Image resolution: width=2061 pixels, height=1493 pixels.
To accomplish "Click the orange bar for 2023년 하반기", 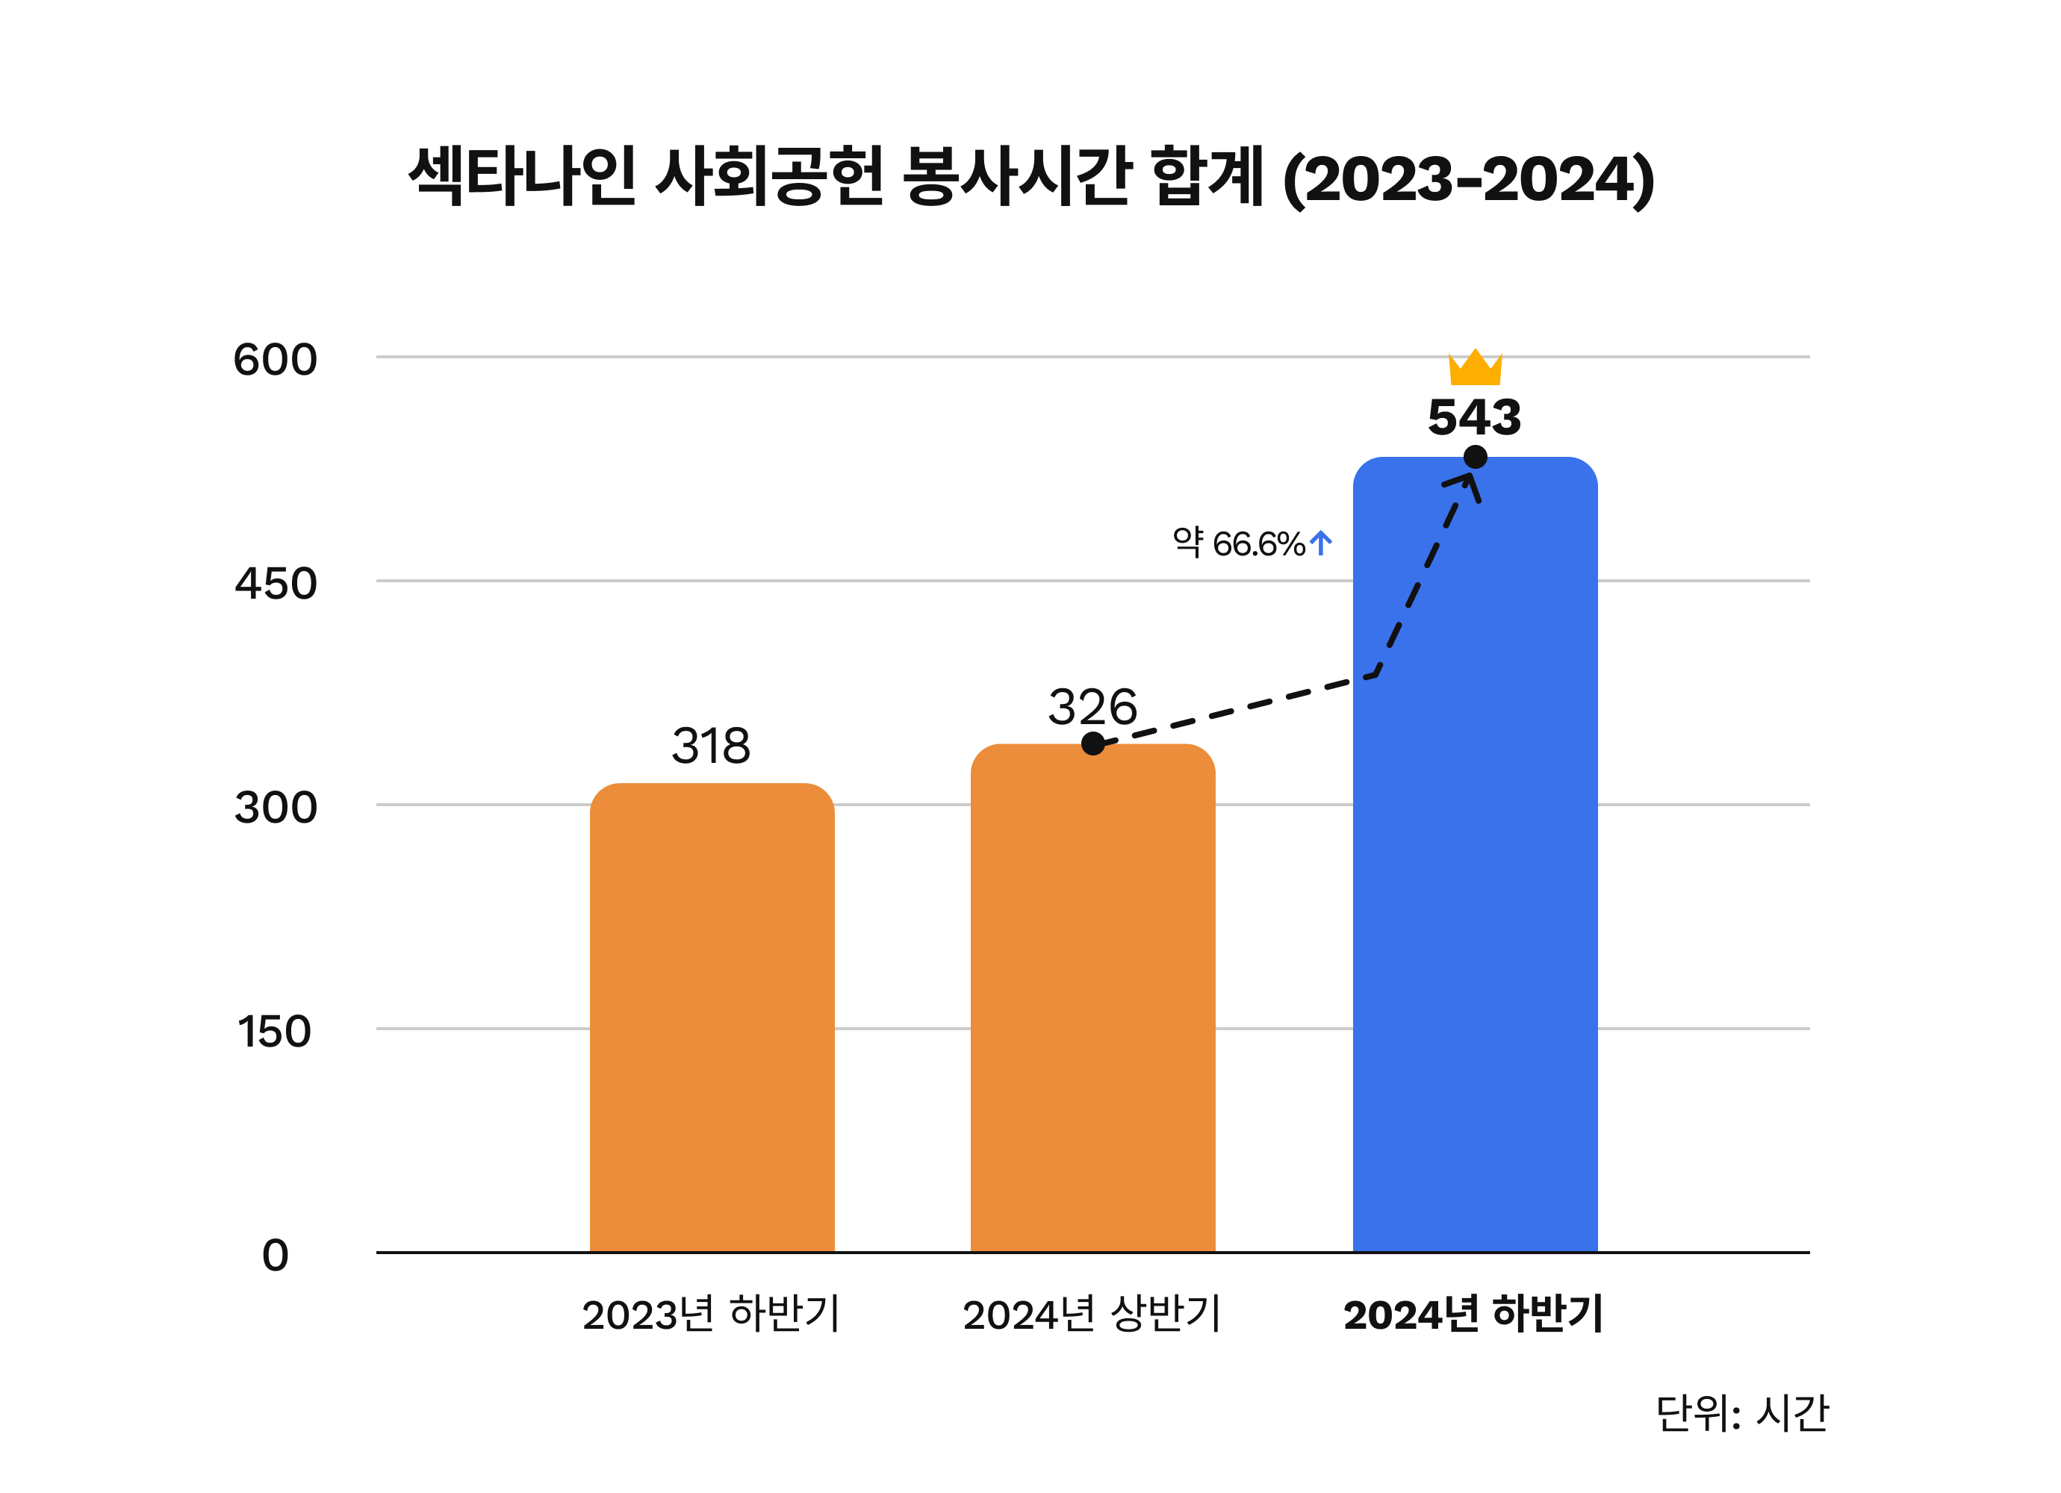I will pos(712,1017).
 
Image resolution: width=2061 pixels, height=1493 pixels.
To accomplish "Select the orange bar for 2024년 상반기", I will pos(1092,1000).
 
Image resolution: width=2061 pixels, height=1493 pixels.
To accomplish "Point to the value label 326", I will pos(1092,707).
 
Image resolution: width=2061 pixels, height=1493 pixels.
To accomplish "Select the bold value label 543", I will pos(1474,417).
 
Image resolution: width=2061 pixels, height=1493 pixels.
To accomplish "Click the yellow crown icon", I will pos(1475,368).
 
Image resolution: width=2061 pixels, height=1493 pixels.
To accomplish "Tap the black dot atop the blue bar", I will pos(1476,457).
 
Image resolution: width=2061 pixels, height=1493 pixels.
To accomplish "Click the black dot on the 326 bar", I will pos(1093,744).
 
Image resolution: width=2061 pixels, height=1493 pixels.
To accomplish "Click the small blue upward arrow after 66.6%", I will pos(1320,543).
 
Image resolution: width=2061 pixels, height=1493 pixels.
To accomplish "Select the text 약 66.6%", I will pos(1239,543).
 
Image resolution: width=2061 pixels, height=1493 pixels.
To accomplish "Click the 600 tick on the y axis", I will pos(276,360).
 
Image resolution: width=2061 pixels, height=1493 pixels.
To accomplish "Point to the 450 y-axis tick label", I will pos(276,583).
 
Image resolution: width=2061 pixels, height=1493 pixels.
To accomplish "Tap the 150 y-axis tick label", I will pos(273,1032).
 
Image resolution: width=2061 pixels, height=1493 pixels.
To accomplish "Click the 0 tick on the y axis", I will pos(276,1255).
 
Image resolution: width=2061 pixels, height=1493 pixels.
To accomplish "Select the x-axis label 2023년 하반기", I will pos(711,1314).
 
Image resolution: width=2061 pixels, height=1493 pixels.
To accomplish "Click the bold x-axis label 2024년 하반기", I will pos(1473,1314).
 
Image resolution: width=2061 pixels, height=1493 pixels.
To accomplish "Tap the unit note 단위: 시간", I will pos(1741,1413).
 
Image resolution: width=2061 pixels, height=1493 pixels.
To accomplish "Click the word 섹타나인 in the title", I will pos(522,176).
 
